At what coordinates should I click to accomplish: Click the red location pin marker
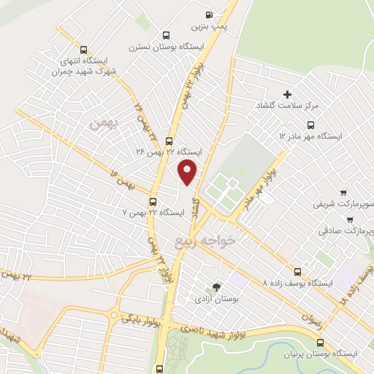pos(188,171)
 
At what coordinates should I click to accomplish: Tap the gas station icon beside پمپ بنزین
pos(210,14)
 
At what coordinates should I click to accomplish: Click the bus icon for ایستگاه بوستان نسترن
pos(166,34)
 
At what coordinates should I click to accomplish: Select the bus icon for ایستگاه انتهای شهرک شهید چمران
pos(83,50)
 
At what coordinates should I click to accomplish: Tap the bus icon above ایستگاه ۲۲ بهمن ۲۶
pos(169,141)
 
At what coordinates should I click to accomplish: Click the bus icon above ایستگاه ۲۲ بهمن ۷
pos(153,201)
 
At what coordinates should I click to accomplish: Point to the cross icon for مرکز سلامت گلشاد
pos(287,94)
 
